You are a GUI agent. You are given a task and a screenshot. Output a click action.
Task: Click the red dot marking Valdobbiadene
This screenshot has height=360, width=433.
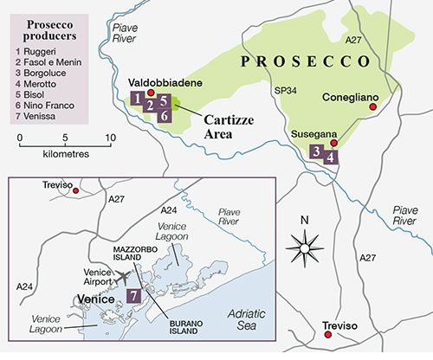(x=151, y=93)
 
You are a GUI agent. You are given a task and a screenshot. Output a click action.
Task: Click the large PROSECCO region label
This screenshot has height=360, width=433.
(x=307, y=63)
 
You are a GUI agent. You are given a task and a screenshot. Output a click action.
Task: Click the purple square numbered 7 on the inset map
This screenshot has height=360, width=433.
(x=133, y=295)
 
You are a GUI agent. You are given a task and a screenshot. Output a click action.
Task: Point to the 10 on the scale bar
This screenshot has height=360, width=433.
(x=109, y=137)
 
